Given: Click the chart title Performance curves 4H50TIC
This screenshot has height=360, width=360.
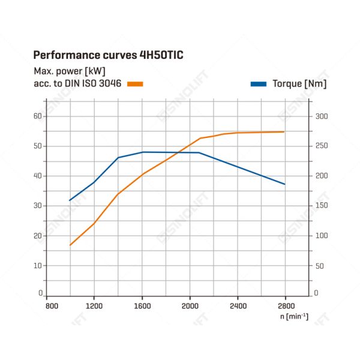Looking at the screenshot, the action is pyautogui.click(x=109, y=55).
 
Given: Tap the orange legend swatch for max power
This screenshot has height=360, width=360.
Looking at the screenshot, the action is pyautogui.click(x=135, y=84).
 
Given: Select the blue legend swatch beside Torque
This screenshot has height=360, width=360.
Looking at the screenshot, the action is pyautogui.click(x=259, y=84).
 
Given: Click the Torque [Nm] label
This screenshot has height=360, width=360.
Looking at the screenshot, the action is pyautogui.click(x=299, y=84).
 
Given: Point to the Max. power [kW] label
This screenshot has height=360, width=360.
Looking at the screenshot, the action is pyautogui.click(x=70, y=71).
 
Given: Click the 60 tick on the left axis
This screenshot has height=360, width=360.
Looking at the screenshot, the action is pyautogui.click(x=38, y=116).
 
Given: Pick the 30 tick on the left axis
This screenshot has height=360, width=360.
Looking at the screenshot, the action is pyautogui.click(x=38, y=206).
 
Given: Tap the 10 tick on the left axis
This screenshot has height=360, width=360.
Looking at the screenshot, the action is pyautogui.click(x=38, y=266).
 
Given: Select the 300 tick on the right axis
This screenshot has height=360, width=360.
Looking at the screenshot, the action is pyautogui.click(x=322, y=116).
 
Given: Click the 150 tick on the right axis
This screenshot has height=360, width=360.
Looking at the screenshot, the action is pyautogui.click(x=322, y=205).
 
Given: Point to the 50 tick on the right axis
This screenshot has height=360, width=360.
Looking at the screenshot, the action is pyautogui.click(x=320, y=266).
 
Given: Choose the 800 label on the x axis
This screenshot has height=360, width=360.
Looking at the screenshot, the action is pyautogui.click(x=52, y=306).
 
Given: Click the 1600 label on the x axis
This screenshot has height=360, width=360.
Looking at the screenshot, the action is pyautogui.click(x=142, y=306).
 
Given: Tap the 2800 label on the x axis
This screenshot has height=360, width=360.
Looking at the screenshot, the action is pyautogui.click(x=286, y=306).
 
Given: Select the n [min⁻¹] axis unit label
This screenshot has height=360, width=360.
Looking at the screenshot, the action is pyautogui.click(x=295, y=316).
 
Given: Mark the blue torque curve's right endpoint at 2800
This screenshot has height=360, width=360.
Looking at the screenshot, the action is pyautogui.click(x=285, y=184).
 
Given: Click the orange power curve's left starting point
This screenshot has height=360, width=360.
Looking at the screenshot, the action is pyautogui.click(x=70, y=245).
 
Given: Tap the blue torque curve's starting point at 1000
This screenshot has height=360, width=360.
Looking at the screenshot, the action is pyautogui.click(x=70, y=200).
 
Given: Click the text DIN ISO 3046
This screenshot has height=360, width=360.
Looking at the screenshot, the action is pyautogui.click(x=93, y=83).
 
